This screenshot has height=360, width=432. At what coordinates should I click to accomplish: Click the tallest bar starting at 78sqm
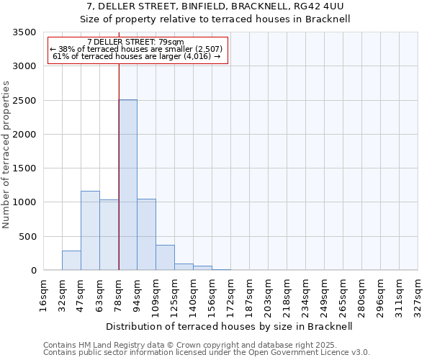coord(128,185)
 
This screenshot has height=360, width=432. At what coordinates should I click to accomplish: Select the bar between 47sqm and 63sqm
coord(90,230)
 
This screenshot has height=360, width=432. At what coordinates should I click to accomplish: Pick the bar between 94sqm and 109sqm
coord(146,235)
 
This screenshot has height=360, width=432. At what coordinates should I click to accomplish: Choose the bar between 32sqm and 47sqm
coord(71,261)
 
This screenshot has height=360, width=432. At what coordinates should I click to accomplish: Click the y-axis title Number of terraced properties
coord(6,155)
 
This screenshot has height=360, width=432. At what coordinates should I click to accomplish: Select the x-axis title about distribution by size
coord(230,326)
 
